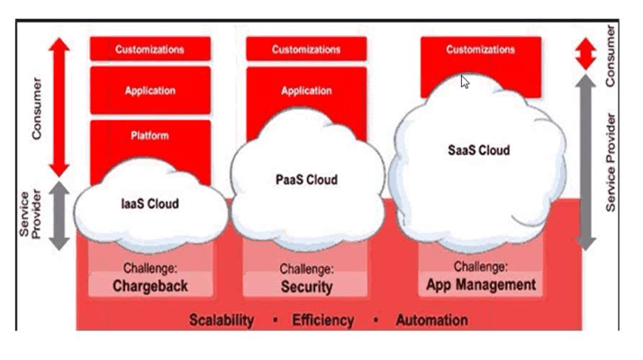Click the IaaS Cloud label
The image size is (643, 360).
pyautogui.click(x=149, y=203)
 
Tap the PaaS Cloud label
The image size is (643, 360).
pyautogui.click(x=306, y=180)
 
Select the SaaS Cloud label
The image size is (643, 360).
pyautogui.click(x=478, y=150)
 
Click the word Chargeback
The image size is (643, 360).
pyautogui.click(x=150, y=286)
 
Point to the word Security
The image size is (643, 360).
pyautogui.click(x=306, y=286)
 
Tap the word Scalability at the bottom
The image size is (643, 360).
pyautogui.click(x=222, y=320)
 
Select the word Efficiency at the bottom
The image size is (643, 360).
pyautogui.click(x=322, y=320)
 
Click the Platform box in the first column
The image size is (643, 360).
pyautogui.click(x=149, y=137)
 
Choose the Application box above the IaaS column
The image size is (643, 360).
pyautogui.click(x=149, y=91)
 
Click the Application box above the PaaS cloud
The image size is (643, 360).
pyautogui.click(x=306, y=91)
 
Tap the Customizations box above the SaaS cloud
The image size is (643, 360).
pyautogui.click(x=481, y=50)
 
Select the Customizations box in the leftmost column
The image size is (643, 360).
pyautogui.click(x=149, y=49)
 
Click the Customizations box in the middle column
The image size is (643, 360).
pyautogui.click(x=306, y=49)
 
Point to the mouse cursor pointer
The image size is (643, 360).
pyautogui.click(x=465, y=81)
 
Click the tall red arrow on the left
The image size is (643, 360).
pyautogui.click(x=59, y=108)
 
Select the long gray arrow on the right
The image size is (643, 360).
pyautogui.click(x=586, y=162)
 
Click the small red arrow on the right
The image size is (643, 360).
pyautogui.click(x=586, y=54)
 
